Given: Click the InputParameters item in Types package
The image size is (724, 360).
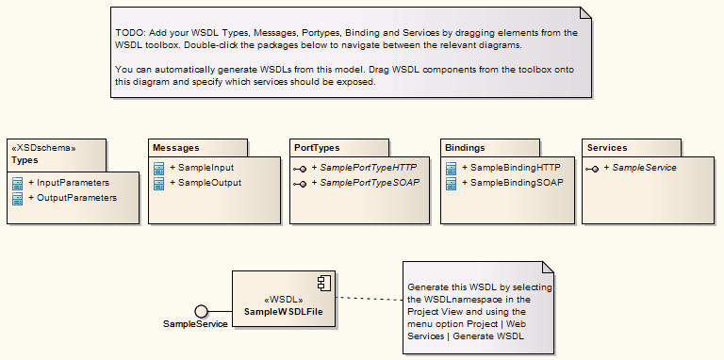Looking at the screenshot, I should coord(73,182).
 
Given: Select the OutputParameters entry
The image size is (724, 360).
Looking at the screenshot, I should coord(76,198).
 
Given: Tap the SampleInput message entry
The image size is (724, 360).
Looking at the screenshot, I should coord(206,167).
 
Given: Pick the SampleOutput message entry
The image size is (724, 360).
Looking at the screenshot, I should coord(209,183).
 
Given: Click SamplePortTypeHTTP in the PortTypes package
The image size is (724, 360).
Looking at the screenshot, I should coord(368,167).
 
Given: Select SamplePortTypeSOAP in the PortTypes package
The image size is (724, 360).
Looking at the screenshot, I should coord(368,183).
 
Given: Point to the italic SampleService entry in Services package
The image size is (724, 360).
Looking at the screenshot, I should coord(644,167).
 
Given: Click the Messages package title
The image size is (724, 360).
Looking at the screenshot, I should coord(176,148).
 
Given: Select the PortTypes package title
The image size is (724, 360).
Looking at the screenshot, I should coord(317,148).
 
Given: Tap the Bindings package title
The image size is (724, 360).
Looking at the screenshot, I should coord(465,148).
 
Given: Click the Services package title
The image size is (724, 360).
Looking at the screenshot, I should coord(606,148).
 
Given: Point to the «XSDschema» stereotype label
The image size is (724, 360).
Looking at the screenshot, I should coord(42,148).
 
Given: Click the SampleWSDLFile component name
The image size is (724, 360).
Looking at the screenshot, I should coord(284,311).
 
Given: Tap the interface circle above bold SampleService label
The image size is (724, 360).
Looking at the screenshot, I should coord(200,311).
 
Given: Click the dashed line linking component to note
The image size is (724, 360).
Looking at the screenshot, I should coord(368,299).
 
